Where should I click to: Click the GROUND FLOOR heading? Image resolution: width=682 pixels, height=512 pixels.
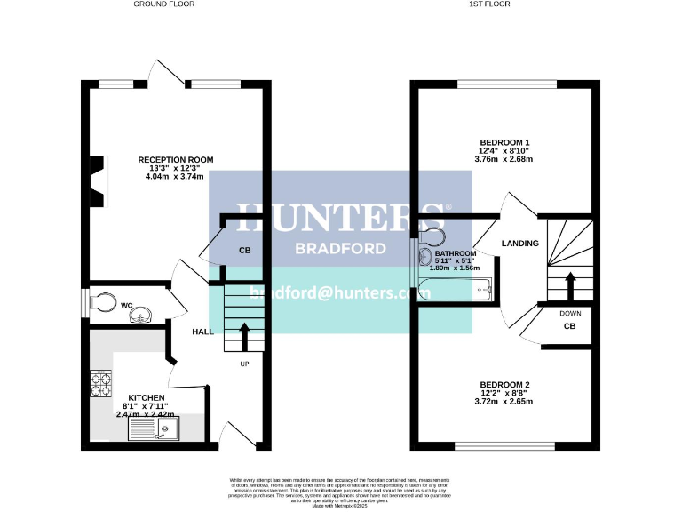(163, 4)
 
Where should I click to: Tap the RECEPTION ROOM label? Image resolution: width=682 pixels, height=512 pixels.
(175, 160)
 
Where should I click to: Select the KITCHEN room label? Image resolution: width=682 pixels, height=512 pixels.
(146, 397)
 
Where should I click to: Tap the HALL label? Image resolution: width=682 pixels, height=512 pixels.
(203, 332)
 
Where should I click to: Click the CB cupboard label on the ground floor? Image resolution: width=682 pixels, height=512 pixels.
(244, 251)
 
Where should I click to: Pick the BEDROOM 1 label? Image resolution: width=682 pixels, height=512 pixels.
(504, 142)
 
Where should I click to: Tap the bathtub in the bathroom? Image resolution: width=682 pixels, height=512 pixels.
(454, 289)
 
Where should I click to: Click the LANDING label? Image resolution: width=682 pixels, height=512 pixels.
(519, 243)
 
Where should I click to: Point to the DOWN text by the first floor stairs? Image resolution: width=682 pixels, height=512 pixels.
(570, 313)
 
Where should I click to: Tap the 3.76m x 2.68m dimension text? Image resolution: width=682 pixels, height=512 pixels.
(504, 161)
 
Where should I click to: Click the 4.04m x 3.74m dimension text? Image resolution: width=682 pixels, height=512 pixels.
(175, 177)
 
